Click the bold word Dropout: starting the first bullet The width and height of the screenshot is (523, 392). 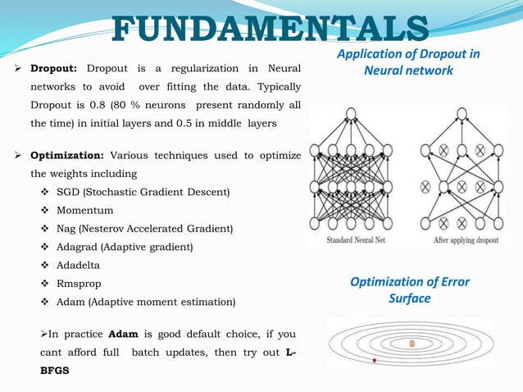click(55, 68)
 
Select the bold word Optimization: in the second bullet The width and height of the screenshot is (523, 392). click(66, 154)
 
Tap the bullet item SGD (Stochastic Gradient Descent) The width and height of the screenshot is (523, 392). click(143, 192)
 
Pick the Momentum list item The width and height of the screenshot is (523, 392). click(85, 210)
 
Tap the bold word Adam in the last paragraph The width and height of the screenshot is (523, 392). click(122, 334)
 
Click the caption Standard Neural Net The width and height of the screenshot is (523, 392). click(351, 241)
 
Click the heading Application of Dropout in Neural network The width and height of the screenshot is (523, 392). click(409, 62)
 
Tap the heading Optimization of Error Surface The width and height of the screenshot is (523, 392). click(410, 289)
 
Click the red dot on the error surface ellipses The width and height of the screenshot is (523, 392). click(374, 360)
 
